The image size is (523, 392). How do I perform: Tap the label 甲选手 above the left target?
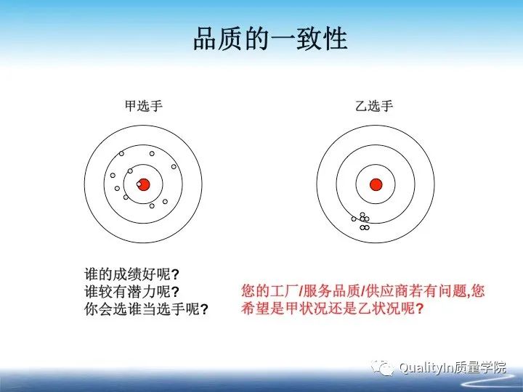pos(143,107)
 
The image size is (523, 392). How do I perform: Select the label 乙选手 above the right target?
pos(374,107)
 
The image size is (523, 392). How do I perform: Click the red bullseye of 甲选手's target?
pos(143,184)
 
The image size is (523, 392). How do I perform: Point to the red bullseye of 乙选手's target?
pos(376,184)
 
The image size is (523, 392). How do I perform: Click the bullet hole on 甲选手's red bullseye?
pos(139,184)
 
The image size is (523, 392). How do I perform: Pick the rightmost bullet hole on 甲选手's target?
pos(174,166)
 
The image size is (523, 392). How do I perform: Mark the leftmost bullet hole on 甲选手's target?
pos(113,175)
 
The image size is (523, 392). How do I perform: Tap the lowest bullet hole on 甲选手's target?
pos(152,205)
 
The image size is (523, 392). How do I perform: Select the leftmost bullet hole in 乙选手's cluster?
pos(354,219)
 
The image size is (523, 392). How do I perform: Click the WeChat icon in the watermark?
pos(384,367)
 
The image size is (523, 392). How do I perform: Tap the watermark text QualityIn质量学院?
pos(452,368)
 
